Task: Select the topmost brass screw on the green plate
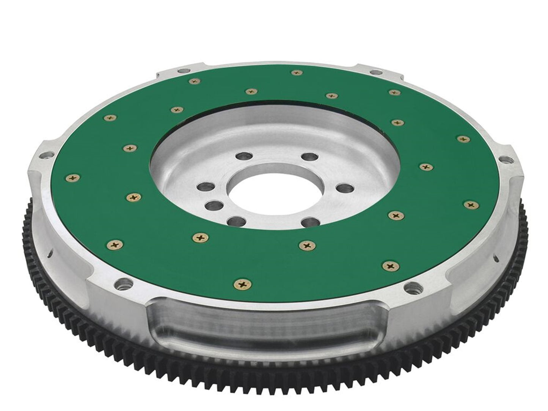tap(295, 72)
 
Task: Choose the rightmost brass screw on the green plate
tap(471, 205)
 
